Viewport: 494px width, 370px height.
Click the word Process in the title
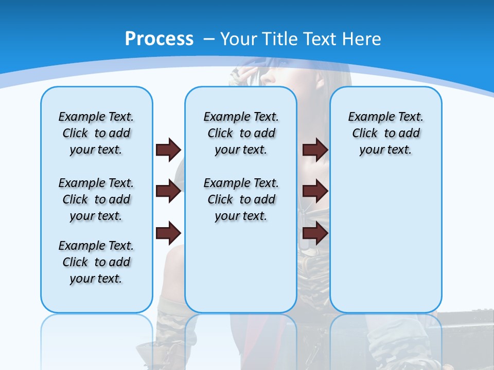159,39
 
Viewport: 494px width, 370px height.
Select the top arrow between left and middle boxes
168,150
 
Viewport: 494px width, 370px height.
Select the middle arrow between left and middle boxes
168,192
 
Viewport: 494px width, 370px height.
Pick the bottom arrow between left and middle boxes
168,233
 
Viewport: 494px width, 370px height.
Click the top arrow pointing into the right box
315,150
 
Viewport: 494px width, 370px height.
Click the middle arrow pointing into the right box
315,191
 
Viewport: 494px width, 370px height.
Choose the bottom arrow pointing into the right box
315,233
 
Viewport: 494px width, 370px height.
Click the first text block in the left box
96,133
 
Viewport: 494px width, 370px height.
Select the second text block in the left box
96,199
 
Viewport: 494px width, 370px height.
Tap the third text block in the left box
96,262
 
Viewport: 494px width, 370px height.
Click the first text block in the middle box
241,133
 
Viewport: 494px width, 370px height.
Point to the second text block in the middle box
241,199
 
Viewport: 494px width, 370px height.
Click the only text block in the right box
386,133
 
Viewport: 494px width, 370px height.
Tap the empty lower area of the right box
386,242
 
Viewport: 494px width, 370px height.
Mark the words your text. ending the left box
96,279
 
